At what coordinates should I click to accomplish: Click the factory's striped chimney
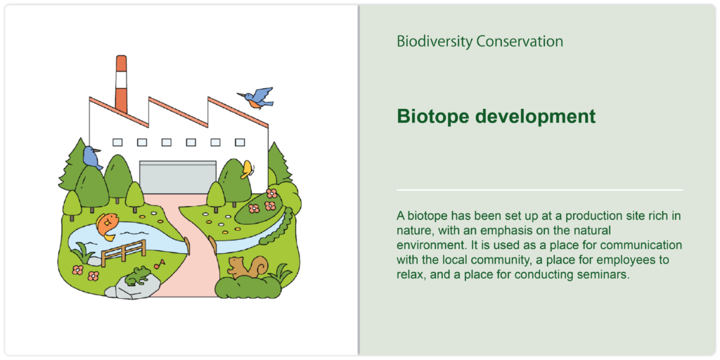click(x=121, y=84)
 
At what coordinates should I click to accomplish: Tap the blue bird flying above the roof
click(x=256, y=98)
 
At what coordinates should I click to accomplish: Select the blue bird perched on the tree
click(x=92, y=158)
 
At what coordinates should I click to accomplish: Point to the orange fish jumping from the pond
click(x=107, y=226)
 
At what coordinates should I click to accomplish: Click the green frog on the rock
click(x=137, y=276)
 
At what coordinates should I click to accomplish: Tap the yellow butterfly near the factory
click(x=247, y=169)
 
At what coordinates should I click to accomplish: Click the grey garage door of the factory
click(x=178, y=177)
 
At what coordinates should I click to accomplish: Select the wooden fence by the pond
click(x=124, y=252)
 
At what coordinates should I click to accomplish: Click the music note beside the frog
click(x=160, y=264)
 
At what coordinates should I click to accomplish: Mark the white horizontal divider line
click(x=539, y=190)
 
